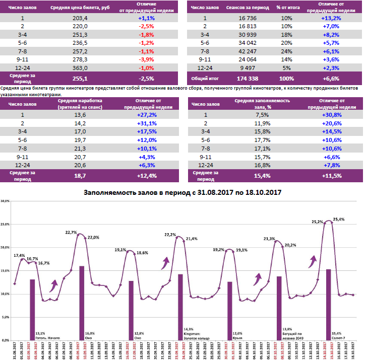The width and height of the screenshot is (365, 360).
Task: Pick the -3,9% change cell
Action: pyautogui.click(x=146, y=59)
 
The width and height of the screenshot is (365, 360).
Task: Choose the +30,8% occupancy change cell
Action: pyautogui.click(x=332, y=114)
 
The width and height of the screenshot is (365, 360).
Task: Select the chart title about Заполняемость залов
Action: pyautogui.click(x=182, y=192)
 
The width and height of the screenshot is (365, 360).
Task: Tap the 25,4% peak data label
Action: pyautogui.click(x=339, y=220)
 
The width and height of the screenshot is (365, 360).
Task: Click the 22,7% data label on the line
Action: pyautogui.click(x=71, y=233)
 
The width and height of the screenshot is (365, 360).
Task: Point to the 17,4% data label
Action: pyautogui.click(x=19, y=255)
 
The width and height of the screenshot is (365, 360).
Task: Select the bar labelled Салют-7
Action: pyautogui.click(x=328, y=304)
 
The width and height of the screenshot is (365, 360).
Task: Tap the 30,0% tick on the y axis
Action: pyautogui.click(x=6, y=201)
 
